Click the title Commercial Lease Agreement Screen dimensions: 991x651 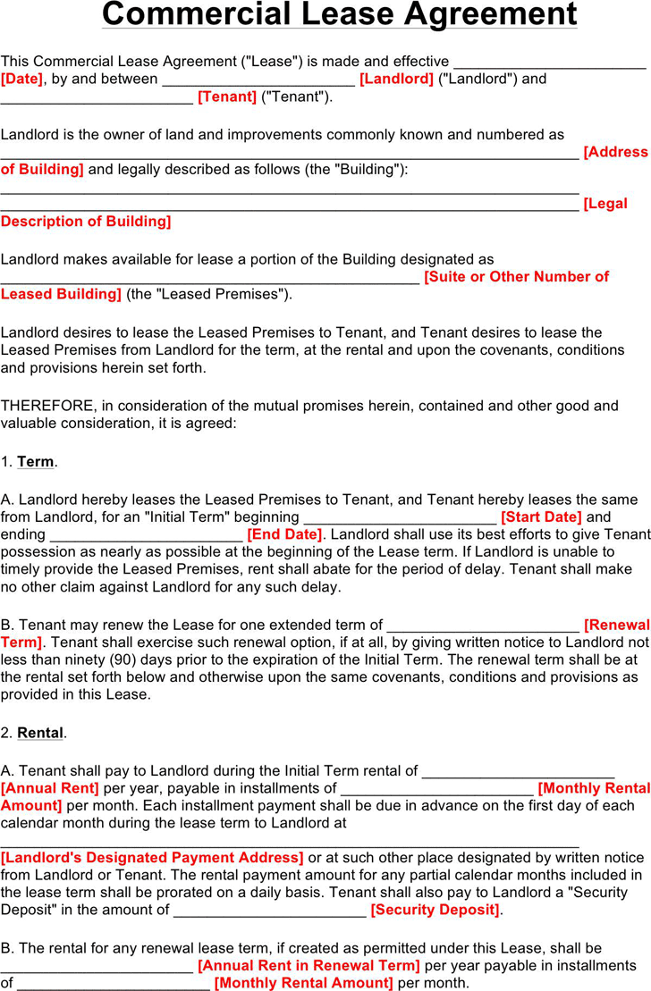[x=339, y=15]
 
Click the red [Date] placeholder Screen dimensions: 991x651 [x=21, y=79]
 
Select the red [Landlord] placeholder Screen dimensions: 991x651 [x=396, y=79]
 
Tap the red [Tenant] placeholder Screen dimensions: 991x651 [x=227, y=97]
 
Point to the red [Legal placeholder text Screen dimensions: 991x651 [x=605, y=204]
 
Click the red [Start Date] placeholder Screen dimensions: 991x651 [x=541, y=517]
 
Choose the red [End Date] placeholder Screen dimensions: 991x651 [x=284, y=534]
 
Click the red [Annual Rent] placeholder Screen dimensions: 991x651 [x=50, y=788]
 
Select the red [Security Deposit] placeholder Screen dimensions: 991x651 [x=435, y=910]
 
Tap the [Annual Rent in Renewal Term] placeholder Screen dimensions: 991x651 [x=309, y=965]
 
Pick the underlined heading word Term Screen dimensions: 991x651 [x=36, y=462]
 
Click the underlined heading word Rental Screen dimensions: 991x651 [x=40, y=733]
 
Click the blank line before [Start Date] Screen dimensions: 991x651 [x=400, y=518]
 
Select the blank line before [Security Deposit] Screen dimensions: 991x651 [x=269, y=911]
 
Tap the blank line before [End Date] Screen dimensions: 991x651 [x=146, y=536]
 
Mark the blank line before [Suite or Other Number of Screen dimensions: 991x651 [x=209, y=279]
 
